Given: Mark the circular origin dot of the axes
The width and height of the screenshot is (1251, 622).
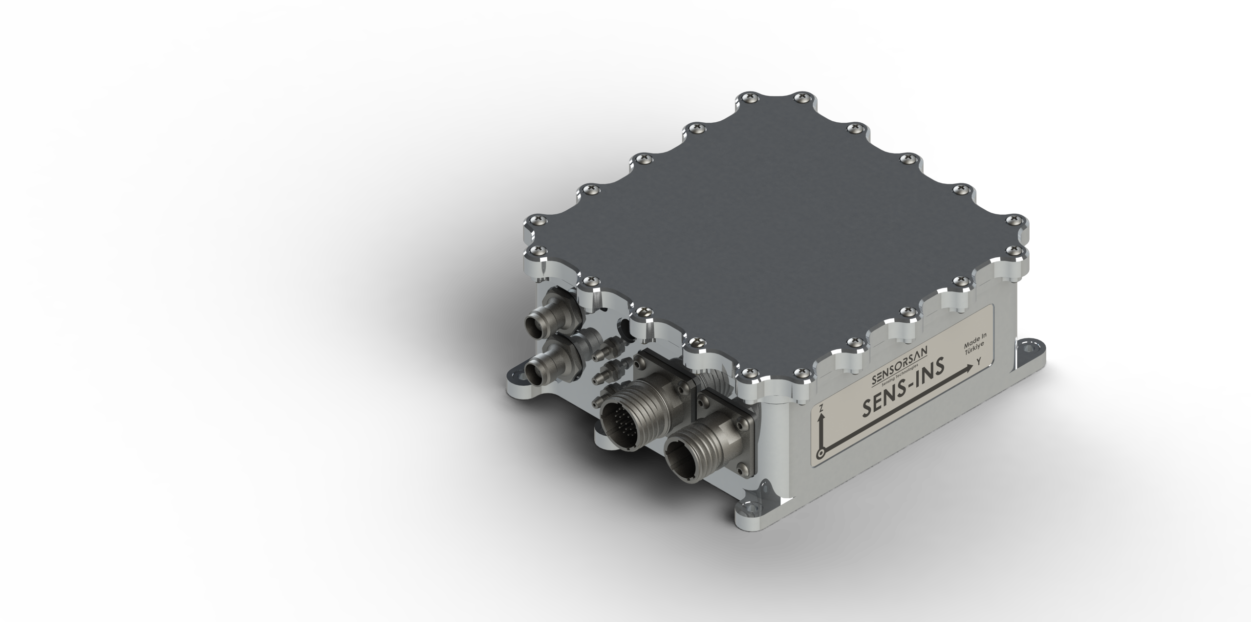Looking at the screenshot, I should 821,453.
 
